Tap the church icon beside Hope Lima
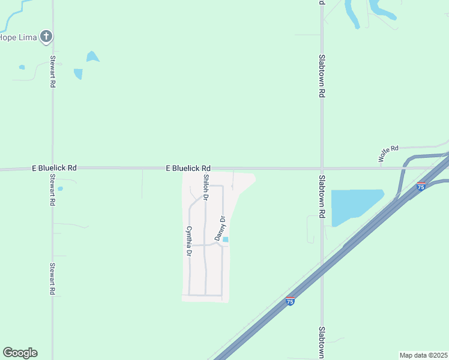[x=46, y=37]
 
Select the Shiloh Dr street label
[x=206, y=187]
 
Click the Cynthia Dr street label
[x=188, y=242]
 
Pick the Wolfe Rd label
[x=388, y=154]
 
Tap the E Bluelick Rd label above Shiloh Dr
[x=188, y=169]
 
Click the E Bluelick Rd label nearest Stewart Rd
[x=54, y=169]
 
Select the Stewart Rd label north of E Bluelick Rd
[x=53, y=72]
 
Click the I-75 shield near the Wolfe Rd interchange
[x=421, y=187]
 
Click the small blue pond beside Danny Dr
[x=226, y=240]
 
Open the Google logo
[x=20, y=353]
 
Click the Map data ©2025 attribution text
[x=423, y=355]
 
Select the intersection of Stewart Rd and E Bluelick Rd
[x=52, y=169]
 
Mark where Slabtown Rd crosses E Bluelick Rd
[x=322, y=169]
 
